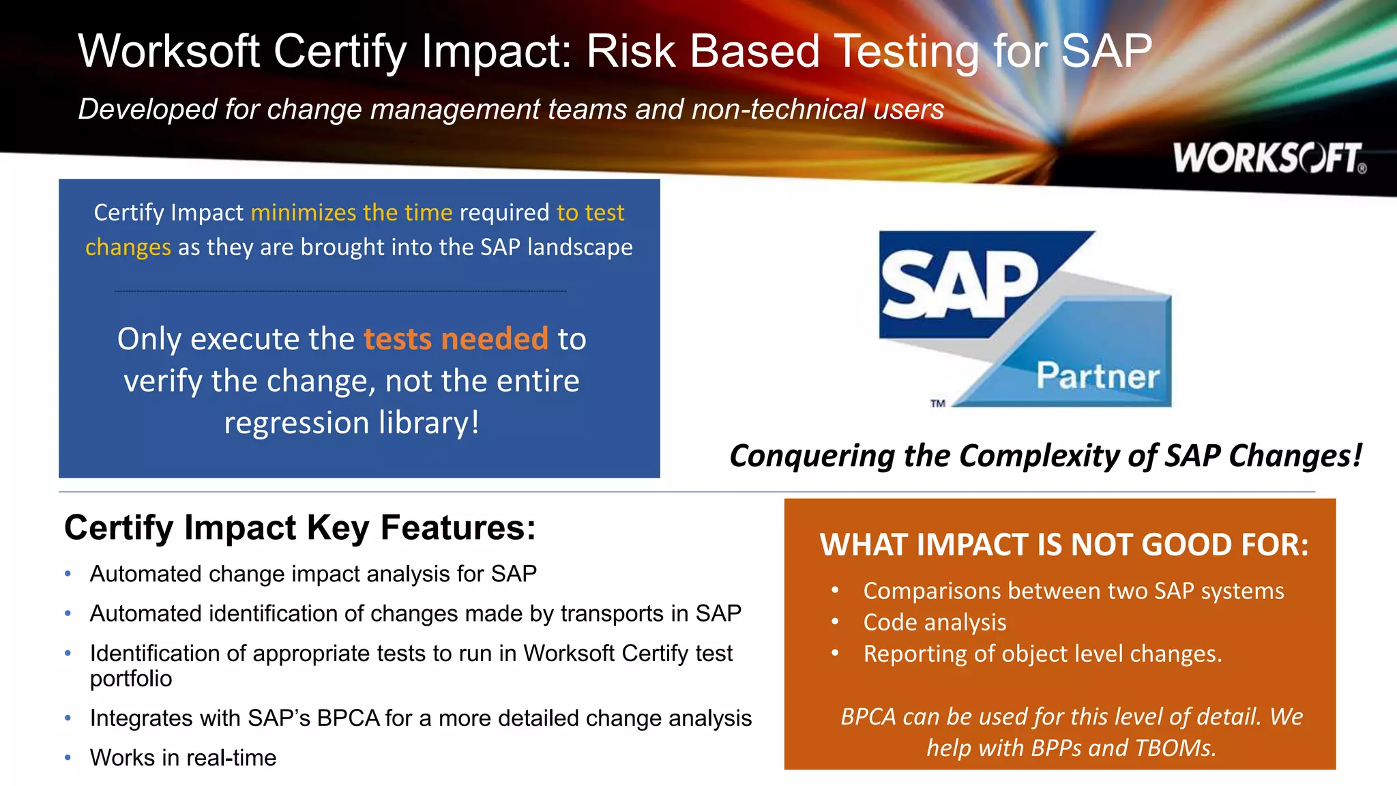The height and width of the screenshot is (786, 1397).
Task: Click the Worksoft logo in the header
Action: click(1269, 158)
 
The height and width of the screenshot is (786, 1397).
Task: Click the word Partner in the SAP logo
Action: click(1098, 376)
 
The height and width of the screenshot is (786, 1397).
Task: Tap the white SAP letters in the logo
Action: click(958, 285)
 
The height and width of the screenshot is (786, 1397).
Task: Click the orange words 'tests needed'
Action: click(456, 339)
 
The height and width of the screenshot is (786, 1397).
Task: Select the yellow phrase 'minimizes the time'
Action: click(351, 213)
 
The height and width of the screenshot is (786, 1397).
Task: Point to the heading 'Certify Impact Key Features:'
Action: click(300, 528)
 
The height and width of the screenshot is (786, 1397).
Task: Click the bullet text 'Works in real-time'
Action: click(183, 758)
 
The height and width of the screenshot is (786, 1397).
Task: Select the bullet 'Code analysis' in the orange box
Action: click(935, 622)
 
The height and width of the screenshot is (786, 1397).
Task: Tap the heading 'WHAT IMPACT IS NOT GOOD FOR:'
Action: click(1064, 545)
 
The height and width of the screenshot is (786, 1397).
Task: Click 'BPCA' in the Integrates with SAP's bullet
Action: click(348, 718)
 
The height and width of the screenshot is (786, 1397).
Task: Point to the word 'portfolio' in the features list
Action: click(131, 679)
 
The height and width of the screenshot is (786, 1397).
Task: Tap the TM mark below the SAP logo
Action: click(938, 403)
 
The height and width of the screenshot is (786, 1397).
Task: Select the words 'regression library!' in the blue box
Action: click(352, 423)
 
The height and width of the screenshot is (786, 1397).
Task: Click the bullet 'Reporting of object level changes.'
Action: click(1042, 654)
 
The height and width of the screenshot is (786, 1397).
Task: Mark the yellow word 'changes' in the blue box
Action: click(128, 248)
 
